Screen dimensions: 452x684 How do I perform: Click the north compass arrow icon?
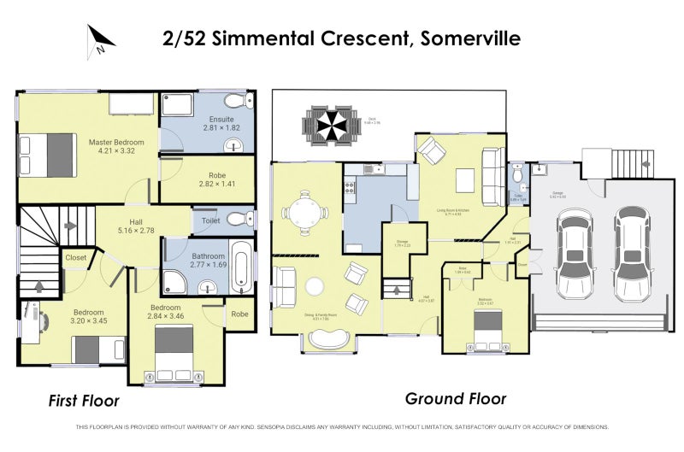101,39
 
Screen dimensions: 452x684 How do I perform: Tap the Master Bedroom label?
115,147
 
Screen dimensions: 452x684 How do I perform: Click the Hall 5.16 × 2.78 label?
135,226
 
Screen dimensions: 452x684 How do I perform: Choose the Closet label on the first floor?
75,256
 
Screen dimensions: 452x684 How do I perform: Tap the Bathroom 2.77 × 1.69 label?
208,261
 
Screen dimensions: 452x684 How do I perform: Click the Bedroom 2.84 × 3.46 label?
165,312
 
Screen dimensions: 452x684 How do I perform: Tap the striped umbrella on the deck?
327,128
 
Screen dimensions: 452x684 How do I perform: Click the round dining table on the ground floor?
305,210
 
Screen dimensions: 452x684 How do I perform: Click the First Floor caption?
83,400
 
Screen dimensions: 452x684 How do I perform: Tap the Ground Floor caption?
455,398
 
